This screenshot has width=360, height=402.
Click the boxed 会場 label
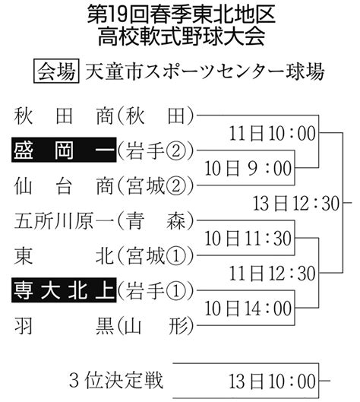pos(56,71)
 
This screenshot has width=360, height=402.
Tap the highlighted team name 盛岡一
pos(64,150)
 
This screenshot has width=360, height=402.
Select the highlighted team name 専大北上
pos(64,290)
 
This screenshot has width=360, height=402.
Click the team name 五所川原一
pos(64,220)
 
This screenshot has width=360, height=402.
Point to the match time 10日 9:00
pos(248,169)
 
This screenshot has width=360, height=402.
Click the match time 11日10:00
pos(272,133)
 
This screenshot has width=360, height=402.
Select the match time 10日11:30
pos(248,239)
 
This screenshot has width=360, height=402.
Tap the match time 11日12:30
pos(272,274)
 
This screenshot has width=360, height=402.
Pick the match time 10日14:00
pos(248,309)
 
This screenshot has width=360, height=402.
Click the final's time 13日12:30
pos(296,204)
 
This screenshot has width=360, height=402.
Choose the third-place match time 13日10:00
pos(272,381)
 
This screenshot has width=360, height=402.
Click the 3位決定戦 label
pos(116,380)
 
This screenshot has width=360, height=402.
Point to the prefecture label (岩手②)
pos(156,150)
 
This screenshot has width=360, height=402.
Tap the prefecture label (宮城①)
pos(156,256)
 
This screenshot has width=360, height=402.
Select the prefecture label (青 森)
pos(156,220)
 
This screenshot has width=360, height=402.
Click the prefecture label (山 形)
pos(156,326)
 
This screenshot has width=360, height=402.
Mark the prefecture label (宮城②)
pos(156,185)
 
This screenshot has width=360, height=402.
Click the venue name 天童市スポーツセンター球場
pos(204,71)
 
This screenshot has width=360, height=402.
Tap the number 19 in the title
pos(117,15)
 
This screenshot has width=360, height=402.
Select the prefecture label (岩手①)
pos(156,291)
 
